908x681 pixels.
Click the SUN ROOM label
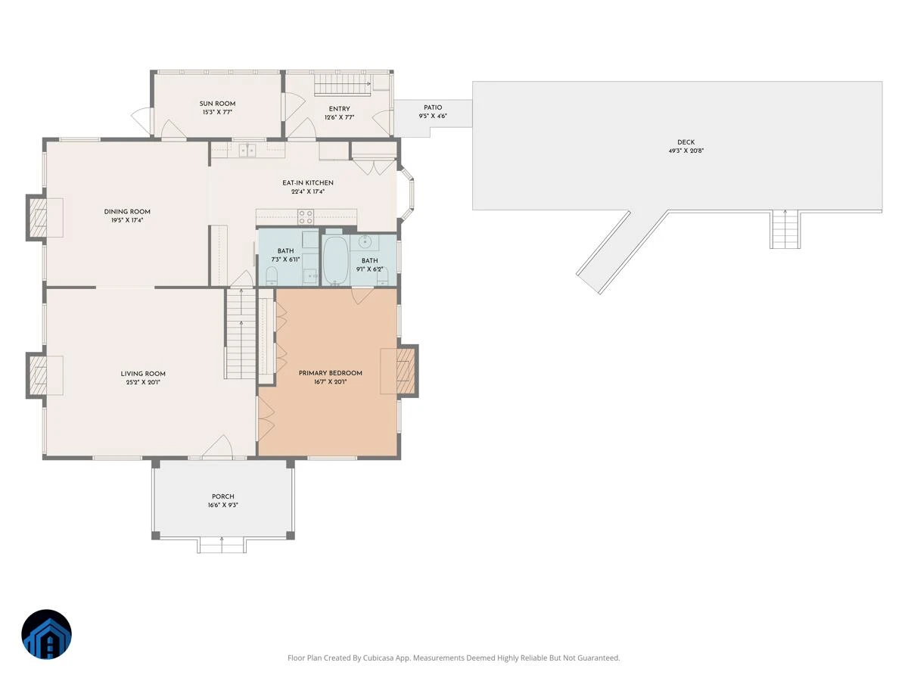(x=217, y=104)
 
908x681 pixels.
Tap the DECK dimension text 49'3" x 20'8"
(x=686, y=151)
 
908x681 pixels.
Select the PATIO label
(x=433, y=107)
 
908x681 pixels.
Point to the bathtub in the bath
(x=334, y=260)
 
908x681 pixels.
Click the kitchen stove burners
(x=306, y=217)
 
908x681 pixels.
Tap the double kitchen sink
(x=247, y=150)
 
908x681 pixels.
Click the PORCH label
(x=223, y=496)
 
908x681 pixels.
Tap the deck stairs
(x=785, y=229)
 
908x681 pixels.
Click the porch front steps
(x=222, y=545)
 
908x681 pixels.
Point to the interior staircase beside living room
(x=241, y=334)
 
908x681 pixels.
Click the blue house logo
(x=46, y=635)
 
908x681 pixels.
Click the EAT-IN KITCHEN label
(x=308, y=183)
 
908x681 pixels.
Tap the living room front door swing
(x=218, y=446)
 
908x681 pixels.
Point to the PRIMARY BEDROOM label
(x=330, y=373)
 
